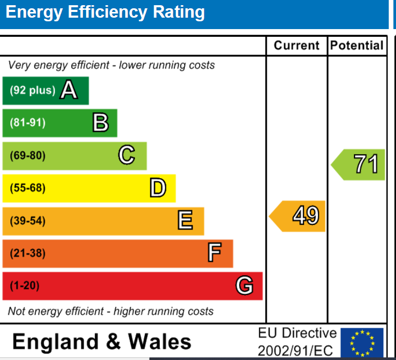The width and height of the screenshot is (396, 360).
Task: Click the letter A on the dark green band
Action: [69, 90]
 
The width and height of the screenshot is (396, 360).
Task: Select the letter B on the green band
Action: [101, 123]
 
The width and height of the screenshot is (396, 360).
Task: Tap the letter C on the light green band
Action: [127, 155]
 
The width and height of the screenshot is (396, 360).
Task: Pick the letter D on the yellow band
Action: [158, 188]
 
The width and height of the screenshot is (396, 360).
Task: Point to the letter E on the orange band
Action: [185, 221]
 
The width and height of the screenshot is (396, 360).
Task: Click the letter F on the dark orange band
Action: [214, 253]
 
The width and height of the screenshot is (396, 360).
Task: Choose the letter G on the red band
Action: [244, 286]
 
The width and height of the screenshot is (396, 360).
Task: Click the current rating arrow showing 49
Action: [298, 216]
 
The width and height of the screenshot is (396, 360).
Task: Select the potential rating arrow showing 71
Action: [359, 165]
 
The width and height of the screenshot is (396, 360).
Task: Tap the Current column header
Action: [297, 46]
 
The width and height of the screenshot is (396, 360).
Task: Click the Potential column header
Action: [357, 46]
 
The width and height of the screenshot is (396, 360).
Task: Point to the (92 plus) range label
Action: [32, 90]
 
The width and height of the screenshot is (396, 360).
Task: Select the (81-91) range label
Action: [28, 123]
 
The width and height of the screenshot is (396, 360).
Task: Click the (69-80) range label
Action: [28, 155]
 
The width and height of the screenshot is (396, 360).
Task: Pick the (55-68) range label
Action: [28, 188]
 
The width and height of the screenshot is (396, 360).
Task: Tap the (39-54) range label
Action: [28, 221]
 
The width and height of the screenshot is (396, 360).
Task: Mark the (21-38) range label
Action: [28, 254]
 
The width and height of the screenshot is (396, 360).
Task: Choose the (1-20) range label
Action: [24, 286]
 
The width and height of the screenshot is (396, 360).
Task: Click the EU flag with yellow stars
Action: [362, 343]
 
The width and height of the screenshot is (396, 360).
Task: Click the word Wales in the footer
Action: [159, 342]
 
